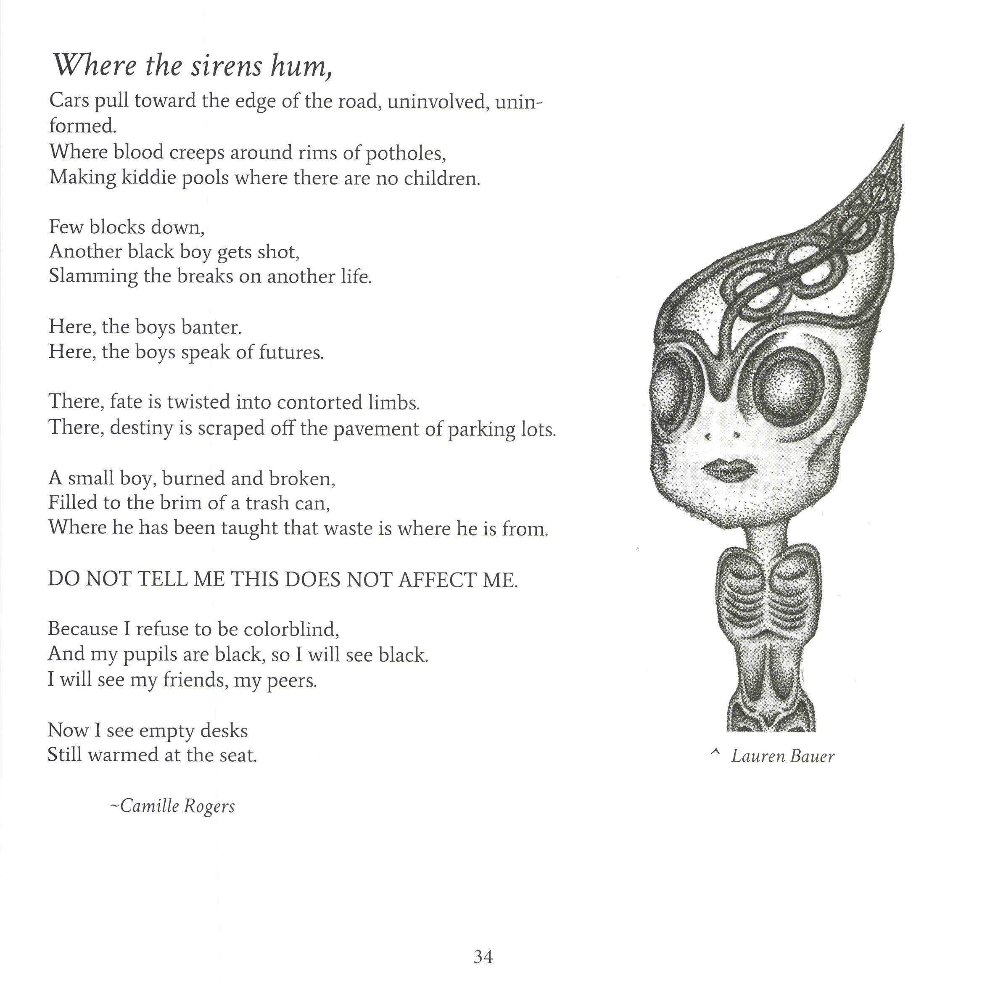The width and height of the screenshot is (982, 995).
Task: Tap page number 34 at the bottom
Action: (x=483, y=957)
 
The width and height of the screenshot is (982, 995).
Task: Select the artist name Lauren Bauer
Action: (x=782, y=756)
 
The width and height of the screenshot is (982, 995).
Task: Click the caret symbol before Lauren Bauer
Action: (x=714, y=753)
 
